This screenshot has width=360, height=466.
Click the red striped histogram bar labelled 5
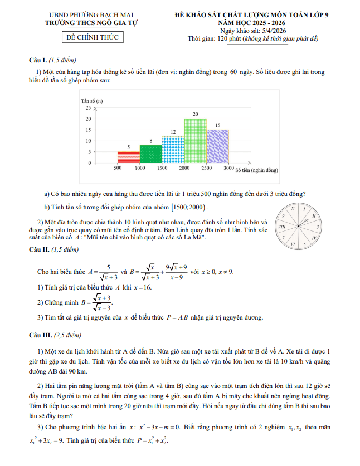click(128, 157)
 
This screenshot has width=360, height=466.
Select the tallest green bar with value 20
click(195, 140)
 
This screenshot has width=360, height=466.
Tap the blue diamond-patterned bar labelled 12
click(173, 149)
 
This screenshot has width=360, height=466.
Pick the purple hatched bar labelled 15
click(217, 146)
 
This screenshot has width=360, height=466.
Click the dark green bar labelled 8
click(150, 154)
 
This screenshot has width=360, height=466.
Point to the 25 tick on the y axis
click(87, 107)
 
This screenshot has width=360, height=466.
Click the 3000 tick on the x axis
click(228, 168)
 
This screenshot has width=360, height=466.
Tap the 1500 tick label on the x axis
click(162, 168)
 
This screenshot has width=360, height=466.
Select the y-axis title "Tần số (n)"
click(92, 101)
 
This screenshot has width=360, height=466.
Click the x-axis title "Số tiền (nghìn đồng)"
click(256, 170)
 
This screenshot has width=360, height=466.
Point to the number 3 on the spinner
click(317, 227)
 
